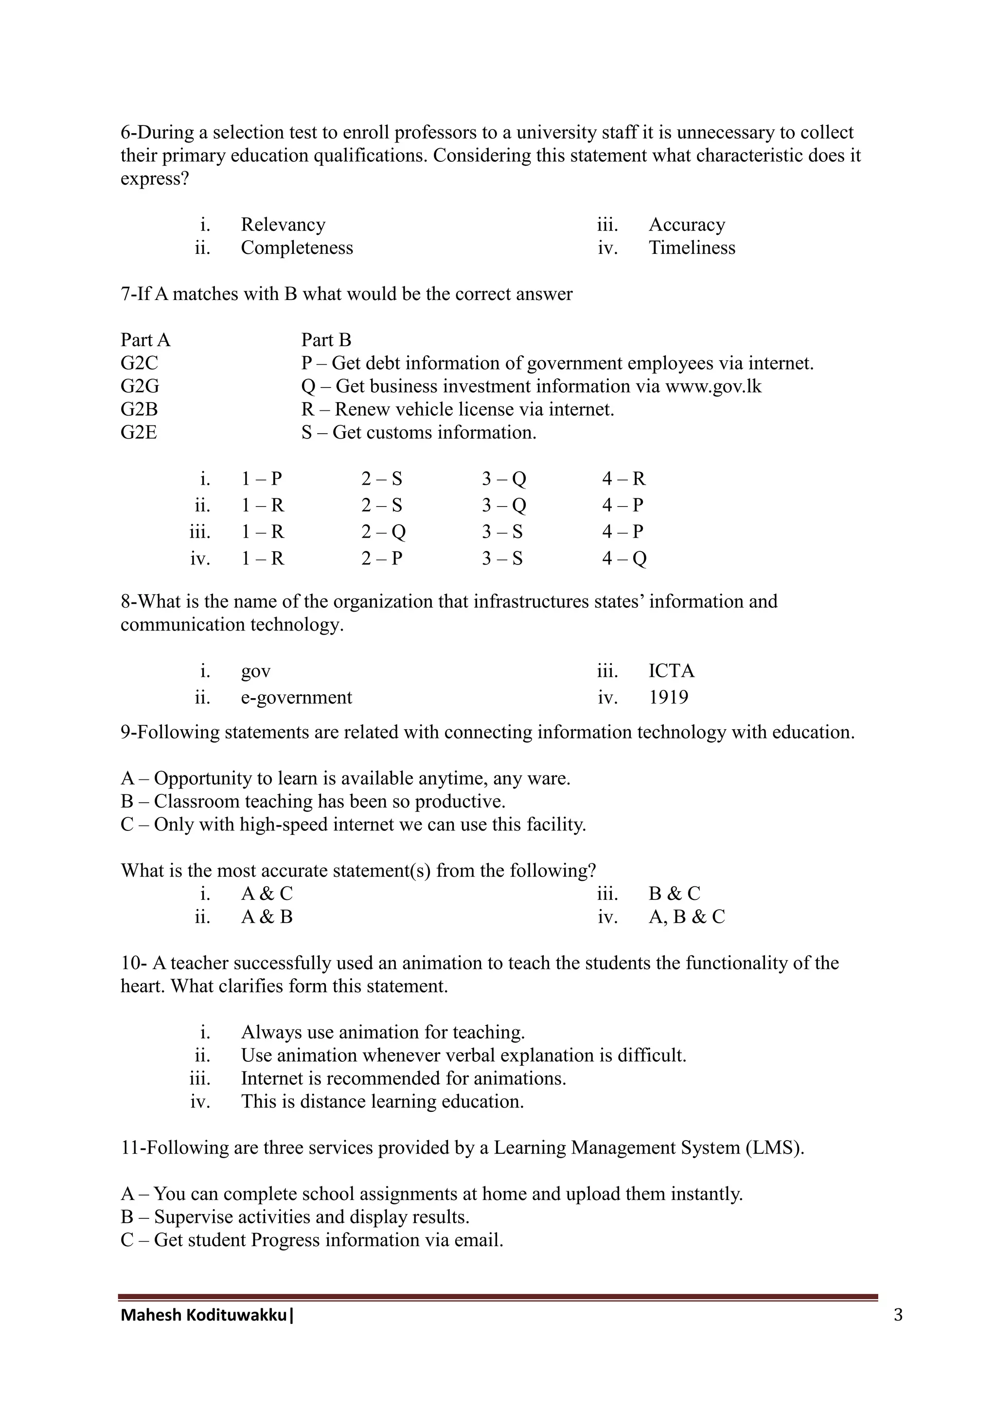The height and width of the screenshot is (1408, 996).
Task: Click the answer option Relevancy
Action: (x=283, y=225)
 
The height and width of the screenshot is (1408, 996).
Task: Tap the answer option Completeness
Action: (x=296, y=248)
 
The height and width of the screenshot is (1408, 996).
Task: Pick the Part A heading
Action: (x=145, y=340)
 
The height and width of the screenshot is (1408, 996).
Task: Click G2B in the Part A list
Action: (x=139, y=409)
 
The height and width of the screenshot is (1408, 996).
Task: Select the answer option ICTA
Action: (x=671, y=671)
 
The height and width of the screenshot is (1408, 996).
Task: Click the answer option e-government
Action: (x=296, y=697)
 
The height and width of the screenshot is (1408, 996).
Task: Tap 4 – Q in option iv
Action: (x=624, y=558)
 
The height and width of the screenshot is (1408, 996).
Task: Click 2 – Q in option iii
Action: (x=383, y=532)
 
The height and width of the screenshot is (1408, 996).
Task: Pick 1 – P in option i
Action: (x=261, y=478)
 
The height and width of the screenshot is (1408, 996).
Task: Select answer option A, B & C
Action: (x=686, y=917)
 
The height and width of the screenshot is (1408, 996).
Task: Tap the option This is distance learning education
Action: (x=382, y=1101)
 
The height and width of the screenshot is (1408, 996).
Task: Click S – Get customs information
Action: (x=418, y=432)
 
